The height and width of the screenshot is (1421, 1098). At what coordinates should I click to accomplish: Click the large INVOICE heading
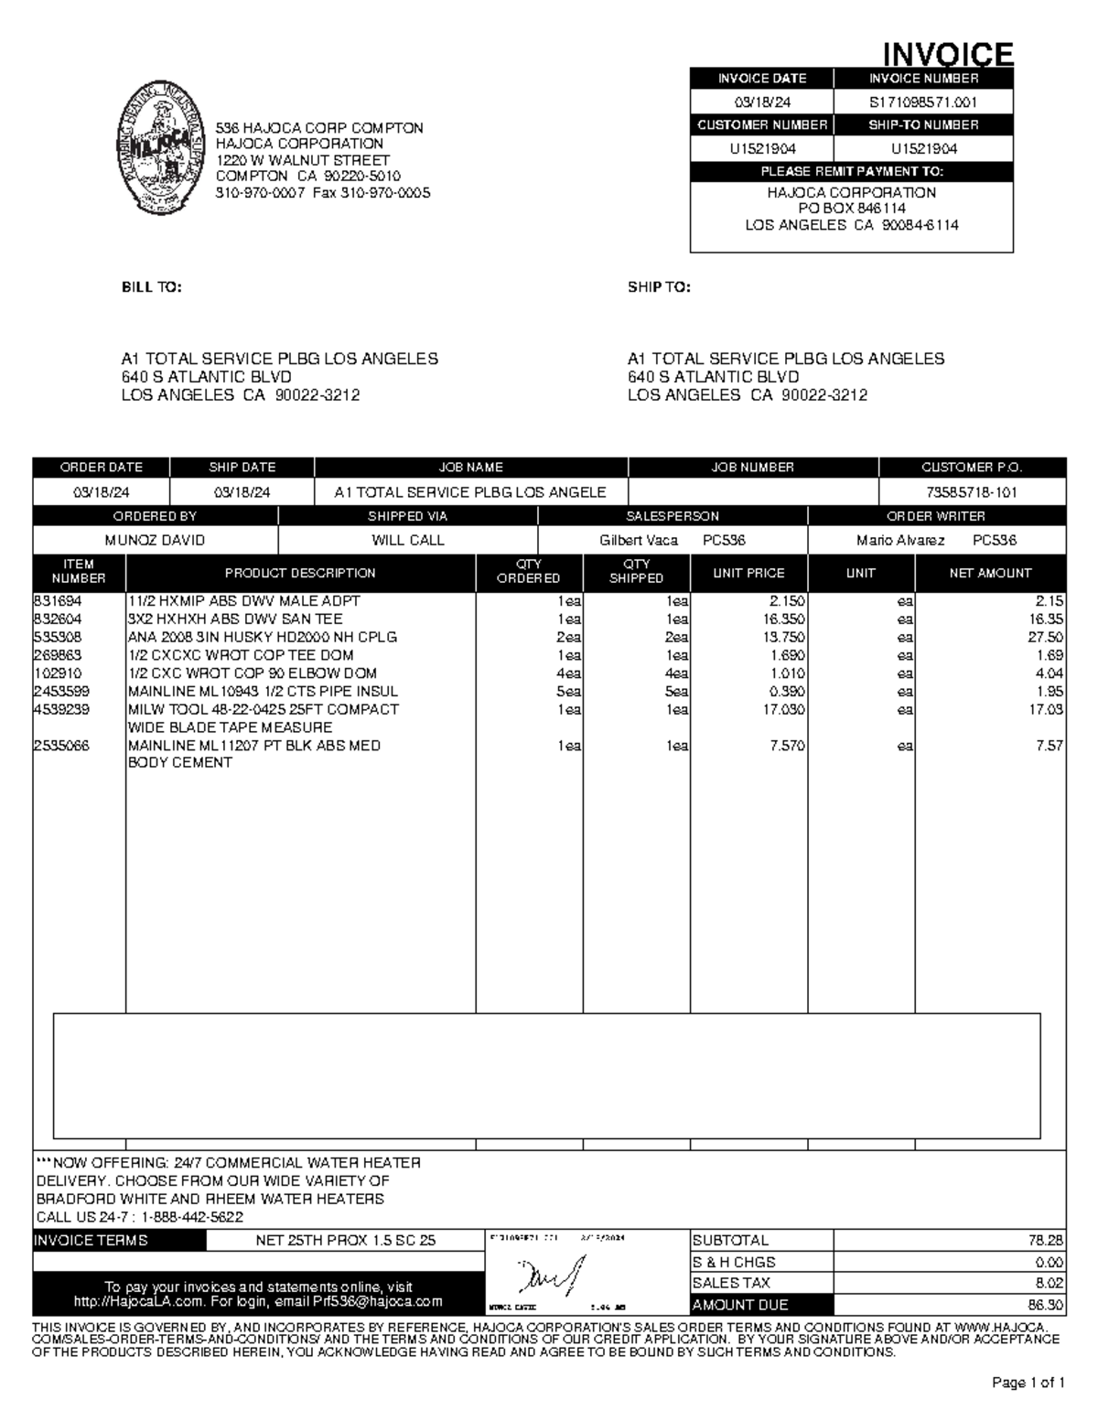[x=947, y=54]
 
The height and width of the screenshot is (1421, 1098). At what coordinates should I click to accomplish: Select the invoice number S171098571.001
[x=923, y=102]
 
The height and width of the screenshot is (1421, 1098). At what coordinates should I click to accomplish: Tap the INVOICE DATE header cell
[x=761, y=79]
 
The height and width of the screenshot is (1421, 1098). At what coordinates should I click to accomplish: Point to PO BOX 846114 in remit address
[x=852, y=209]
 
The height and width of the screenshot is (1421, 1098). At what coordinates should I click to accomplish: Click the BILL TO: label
[x=152, y=287]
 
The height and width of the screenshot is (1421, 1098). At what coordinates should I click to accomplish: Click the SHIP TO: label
[x=659, y=287]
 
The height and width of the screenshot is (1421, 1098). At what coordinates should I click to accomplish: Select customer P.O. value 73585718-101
[x=972, y=492]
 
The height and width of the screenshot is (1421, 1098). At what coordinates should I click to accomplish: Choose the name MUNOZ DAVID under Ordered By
[x=155, y=540]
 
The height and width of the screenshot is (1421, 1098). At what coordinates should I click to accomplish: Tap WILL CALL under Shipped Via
[x=407, y=540]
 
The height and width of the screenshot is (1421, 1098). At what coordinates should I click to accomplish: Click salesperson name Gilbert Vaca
[x=639, y=540]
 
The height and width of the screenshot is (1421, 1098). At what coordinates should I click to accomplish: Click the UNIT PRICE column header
[x=748, y=573]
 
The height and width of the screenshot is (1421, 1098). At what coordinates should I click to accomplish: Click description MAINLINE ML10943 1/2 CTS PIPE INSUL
[x=264, y=691]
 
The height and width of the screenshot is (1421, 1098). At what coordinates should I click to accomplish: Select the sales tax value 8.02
[x=1049, y=1283]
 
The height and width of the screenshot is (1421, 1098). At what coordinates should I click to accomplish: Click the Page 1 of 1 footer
[x=1028, y=1383]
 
